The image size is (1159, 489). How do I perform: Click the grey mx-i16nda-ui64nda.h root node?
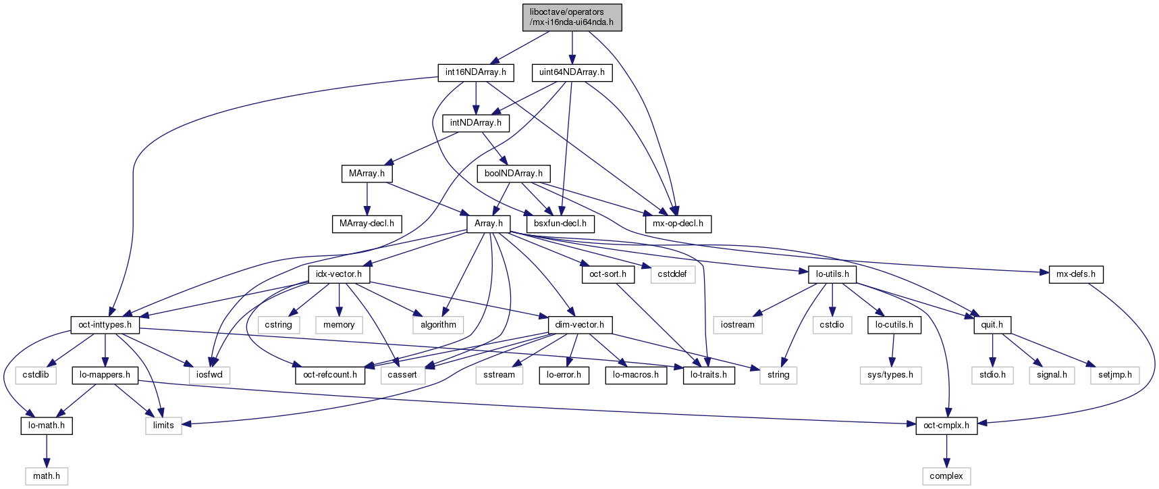(572, 17)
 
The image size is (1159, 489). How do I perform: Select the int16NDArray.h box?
(476, 72)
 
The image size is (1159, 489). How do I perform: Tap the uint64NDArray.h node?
(572, 72)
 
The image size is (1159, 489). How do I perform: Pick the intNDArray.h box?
(476, 123)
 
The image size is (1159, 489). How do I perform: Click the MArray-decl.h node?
(367, 224)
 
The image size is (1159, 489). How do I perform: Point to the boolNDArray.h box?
(513, 174)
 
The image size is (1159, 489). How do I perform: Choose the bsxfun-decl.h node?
(560, 224)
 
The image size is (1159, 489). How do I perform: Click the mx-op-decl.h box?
(678, 224)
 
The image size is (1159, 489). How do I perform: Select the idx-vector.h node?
(339, 274)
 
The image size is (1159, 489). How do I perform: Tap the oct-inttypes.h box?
(105, 325)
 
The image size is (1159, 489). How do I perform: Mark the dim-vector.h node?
(579, 325)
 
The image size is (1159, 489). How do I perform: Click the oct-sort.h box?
(608, 274)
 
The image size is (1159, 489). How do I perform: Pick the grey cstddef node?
(672, 274)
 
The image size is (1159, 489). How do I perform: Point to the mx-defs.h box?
(1076, 274)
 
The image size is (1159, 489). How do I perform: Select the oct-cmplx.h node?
(946, 426)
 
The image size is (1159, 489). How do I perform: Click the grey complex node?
(946, 476)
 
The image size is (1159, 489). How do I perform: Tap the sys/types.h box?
(890, 375)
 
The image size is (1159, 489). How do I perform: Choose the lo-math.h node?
(47, 426)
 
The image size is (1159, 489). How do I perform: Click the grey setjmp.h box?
(1114, 375)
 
